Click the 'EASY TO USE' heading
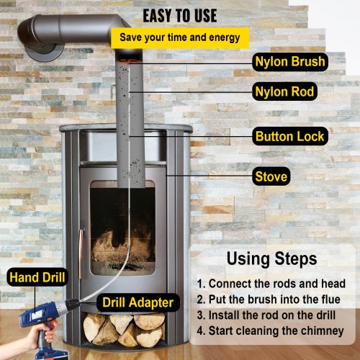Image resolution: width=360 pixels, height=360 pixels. tap(180, 16)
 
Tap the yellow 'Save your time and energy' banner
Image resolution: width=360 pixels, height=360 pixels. tap(179, 37)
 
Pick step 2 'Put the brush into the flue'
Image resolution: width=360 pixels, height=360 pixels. tap(274, 298)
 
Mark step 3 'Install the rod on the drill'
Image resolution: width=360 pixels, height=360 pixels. tap(274, 315)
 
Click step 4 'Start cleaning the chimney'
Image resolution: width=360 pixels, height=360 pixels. tap(274, 331)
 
